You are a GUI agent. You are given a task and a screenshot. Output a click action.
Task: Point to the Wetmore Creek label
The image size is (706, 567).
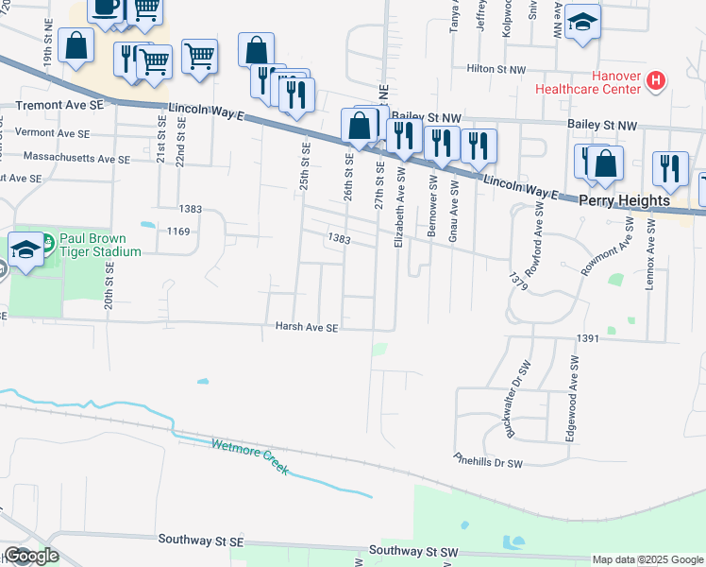pos(250,456)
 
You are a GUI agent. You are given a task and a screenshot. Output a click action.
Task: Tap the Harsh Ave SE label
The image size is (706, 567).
pos(307,328)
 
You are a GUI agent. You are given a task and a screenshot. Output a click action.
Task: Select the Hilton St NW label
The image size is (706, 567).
pos(496,70)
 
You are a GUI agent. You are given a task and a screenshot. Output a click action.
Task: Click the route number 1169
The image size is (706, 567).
pos(178,230)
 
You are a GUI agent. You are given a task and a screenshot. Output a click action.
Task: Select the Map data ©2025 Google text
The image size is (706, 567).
pos(647,559)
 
